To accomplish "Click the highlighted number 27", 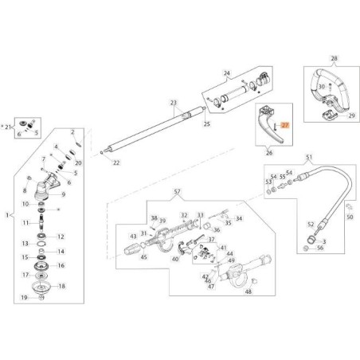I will [x=288, y=125].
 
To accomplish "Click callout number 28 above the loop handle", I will [x=334, y=59].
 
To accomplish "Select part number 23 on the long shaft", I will [x=173, y=102].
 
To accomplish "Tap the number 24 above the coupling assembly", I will [x=225, y=73].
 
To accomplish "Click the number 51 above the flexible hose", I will [x=309, y=158].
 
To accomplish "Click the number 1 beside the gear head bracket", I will [x=7, y=215].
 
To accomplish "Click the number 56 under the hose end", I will [x=320, y=248].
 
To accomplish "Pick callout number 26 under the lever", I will [x=268, y=152].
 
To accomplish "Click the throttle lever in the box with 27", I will [x=269, y=127].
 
